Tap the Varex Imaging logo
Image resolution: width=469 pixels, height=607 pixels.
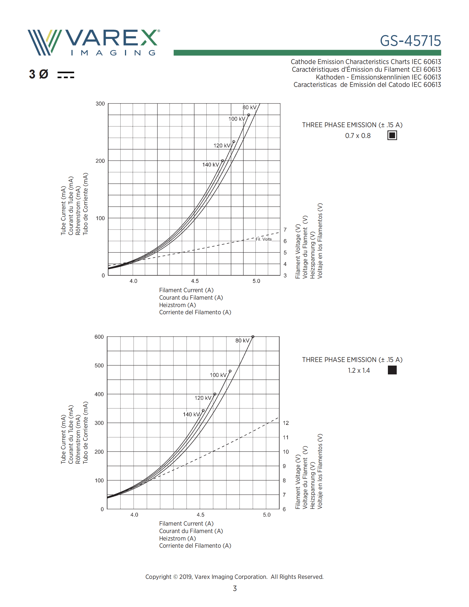click(94, 42)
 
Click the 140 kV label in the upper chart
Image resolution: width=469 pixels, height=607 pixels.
click(210, 165)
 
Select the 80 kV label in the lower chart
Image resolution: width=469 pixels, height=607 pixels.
click(242, 340)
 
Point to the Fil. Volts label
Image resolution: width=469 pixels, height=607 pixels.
click(263, 239)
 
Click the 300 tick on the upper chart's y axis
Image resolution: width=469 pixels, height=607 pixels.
click(100, 104)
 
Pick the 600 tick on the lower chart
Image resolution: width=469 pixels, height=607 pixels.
click(99, 337)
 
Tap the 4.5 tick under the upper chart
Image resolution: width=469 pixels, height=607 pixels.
click(195, 281)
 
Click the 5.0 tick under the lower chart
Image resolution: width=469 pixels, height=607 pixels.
click(267, 515)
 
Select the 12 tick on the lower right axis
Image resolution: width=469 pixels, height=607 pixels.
click(286, 423)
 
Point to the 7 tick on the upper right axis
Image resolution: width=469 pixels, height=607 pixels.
click(285, 230)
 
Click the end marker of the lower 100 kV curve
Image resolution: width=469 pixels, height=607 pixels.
click(230, 371)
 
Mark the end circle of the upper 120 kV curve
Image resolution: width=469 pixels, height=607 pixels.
click(234, 142)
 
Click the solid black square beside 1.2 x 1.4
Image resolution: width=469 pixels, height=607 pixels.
click(392, 370)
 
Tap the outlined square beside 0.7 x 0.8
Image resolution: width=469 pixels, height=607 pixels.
click(392, 135)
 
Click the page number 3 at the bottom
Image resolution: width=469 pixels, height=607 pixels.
click(234, 589)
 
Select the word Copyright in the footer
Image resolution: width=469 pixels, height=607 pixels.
click(158, 577)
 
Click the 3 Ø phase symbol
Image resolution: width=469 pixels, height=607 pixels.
click(39, 74)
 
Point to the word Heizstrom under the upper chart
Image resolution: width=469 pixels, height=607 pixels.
click(172, 305)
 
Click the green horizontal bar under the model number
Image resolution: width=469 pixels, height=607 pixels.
click(307, 53)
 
